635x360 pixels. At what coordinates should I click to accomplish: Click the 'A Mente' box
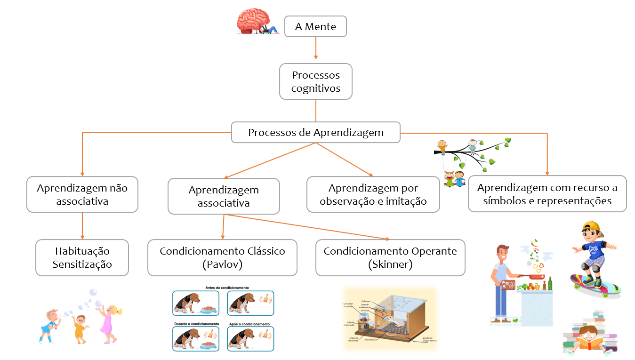pos(315,27)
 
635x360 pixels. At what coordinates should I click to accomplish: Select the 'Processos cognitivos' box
pos(315,81)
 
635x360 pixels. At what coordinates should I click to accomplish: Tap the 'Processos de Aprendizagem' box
pos(315,132)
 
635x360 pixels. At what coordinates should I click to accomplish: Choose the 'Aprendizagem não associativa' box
pos(82,194)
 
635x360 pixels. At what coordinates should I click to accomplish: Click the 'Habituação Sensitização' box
pos(82,257)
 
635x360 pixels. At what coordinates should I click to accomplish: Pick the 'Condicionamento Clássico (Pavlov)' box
pos(222,257)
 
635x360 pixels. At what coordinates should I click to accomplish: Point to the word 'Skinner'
pos(390,264)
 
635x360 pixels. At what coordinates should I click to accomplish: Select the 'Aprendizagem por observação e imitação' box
pos(373,194)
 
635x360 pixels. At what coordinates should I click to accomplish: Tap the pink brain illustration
pos(253,22)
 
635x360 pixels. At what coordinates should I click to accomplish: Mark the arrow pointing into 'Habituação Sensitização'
pos(82,225)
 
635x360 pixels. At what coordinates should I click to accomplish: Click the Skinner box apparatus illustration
pos(391,318)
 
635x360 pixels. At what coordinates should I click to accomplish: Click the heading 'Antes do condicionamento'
pos(227,287)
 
